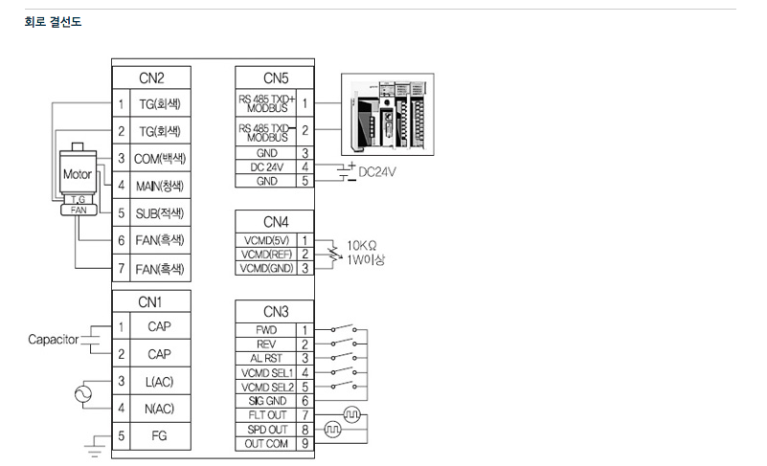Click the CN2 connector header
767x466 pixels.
(151, 78)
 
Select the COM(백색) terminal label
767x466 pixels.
(159, 158)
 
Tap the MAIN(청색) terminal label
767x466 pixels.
(159, 185)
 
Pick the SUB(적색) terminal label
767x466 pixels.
(159, 212)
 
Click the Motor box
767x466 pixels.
(77, 175)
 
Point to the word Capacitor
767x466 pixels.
(53, 340)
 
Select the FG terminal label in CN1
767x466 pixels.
(159, 436)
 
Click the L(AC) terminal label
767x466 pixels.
(159, 382)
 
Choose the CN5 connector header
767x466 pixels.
(276, 78)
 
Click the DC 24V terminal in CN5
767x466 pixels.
(266, 166)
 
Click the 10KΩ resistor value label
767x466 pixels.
(361, 245)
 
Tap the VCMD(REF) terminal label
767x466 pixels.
(266, 255)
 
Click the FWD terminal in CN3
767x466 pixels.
(266, 329)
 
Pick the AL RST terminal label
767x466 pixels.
(266, 358)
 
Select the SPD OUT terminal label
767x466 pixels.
(266, 430)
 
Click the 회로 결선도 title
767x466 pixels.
(53, 21)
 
